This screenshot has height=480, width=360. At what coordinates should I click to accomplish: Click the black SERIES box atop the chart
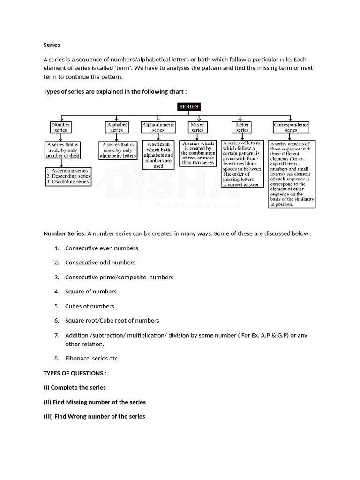[x=188, y=107]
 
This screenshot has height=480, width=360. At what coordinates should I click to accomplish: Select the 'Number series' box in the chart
[x=61, y=127]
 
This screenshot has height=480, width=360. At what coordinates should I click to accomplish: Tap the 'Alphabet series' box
[x=117, y=127]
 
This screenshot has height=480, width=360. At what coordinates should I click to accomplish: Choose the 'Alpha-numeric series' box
[x=158, y=127]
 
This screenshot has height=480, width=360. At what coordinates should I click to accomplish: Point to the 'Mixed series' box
[x=197, y=127]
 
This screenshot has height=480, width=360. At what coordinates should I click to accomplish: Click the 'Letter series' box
[x=242, y=127]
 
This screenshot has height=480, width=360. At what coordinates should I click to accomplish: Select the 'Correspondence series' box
[x=291, y=127]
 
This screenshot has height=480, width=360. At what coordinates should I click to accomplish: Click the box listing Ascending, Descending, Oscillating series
[x=67, y=176]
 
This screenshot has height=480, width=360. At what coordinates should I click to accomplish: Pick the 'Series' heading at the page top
[x=52, y=45]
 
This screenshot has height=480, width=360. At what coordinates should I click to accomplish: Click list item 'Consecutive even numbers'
[x=101, y=248]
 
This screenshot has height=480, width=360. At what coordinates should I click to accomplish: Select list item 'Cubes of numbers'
[x=90, y=306]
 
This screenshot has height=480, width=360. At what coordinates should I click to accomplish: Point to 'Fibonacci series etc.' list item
[x=92, y=358]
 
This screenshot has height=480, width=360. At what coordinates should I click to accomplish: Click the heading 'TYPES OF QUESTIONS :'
[x=75, y=373]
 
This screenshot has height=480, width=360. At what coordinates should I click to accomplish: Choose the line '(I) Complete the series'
[x=75, y=387]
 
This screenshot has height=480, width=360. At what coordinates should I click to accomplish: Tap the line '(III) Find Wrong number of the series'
[x=94, y=416]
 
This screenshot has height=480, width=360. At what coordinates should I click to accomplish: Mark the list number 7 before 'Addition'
[x=56, y=335]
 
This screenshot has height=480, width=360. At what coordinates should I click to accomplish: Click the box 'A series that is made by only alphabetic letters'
[x=117, y=150]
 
